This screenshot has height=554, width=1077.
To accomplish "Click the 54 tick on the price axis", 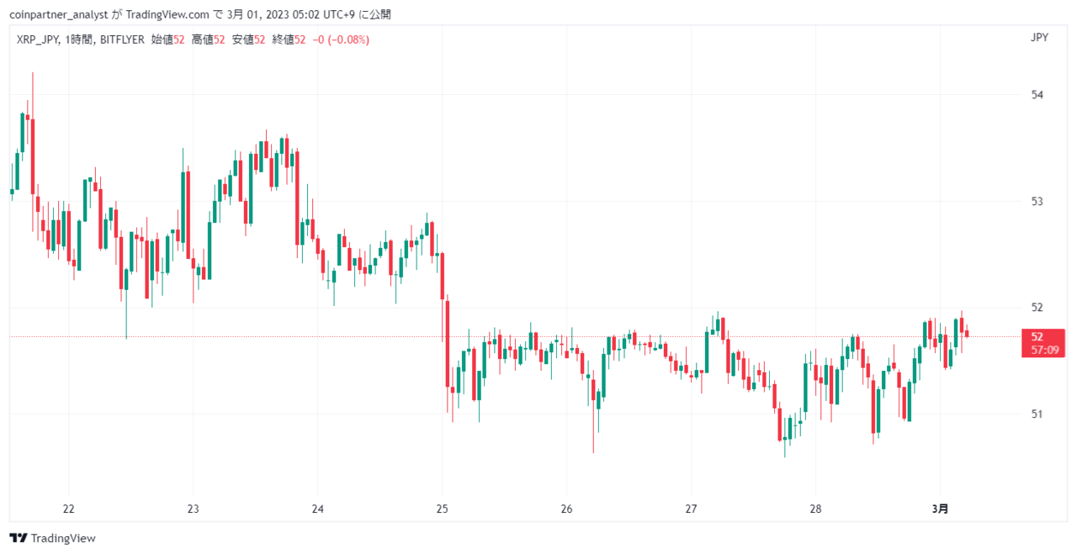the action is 1037,95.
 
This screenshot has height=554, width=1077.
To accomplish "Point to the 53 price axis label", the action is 1037,201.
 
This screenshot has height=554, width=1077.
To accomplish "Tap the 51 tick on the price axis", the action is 1037,414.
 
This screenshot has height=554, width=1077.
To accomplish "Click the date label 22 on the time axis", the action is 69,509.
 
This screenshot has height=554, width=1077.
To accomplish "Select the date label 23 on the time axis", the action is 194,509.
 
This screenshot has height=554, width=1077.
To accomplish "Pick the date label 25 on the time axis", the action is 443,509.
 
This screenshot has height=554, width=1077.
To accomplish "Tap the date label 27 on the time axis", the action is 691,509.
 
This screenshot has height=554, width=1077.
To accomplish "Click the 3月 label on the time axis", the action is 940,509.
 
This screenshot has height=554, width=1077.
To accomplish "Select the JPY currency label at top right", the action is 1039,38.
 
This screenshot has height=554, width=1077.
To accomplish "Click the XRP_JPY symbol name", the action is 38,40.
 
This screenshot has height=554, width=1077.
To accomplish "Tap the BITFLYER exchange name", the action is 122,40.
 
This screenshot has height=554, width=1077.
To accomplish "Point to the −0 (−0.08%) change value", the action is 341,40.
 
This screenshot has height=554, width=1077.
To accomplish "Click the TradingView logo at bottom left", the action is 52,538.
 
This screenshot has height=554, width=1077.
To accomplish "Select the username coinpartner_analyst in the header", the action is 59,15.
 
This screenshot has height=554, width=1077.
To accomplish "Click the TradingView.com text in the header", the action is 167,15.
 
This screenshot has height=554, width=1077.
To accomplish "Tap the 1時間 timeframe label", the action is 79,40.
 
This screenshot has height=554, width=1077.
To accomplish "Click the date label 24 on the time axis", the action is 318,509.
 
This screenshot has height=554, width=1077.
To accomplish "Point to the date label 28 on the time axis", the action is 815,509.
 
